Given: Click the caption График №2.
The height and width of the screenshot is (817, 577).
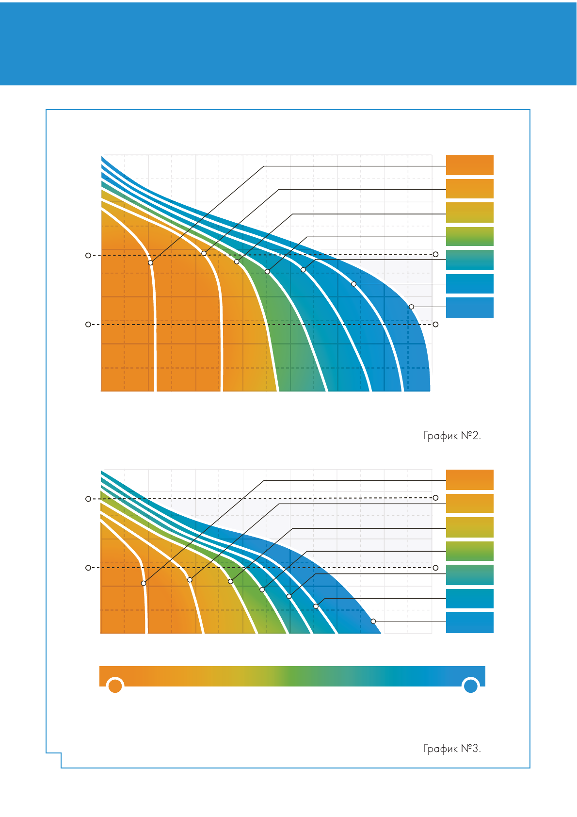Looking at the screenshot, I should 452,436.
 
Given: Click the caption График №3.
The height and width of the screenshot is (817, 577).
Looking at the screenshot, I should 452,749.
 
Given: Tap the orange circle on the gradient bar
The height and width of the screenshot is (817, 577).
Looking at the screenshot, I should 115,686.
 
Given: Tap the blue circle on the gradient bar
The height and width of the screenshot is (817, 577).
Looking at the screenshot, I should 470,686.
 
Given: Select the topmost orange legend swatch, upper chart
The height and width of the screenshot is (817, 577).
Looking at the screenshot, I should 469,165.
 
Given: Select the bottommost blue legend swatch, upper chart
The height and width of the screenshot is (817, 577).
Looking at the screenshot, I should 469,308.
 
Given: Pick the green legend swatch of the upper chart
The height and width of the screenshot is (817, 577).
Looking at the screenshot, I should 469,236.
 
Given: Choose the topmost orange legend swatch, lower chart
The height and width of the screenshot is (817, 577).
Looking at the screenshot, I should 469,479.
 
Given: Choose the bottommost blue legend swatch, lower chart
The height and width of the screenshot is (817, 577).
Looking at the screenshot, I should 469,622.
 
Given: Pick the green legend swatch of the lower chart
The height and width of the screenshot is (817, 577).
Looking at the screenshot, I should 469,551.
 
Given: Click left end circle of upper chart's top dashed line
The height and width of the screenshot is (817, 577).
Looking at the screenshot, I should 88,255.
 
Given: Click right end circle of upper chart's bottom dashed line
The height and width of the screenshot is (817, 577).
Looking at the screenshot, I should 435,324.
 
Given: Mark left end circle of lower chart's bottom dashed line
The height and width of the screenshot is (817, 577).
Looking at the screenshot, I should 88,568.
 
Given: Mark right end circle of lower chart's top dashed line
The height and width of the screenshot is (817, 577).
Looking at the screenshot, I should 435,498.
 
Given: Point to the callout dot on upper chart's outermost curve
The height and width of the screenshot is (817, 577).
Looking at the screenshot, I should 411,307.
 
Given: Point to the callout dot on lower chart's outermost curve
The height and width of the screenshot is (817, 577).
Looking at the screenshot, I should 373,621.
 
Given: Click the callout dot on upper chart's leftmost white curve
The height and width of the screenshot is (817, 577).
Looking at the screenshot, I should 151,262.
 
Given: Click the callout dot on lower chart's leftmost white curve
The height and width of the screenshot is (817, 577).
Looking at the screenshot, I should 144,583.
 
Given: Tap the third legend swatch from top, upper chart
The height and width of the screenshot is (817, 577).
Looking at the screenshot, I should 469,212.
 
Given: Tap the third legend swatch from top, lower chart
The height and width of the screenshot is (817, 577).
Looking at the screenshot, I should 469,527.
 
